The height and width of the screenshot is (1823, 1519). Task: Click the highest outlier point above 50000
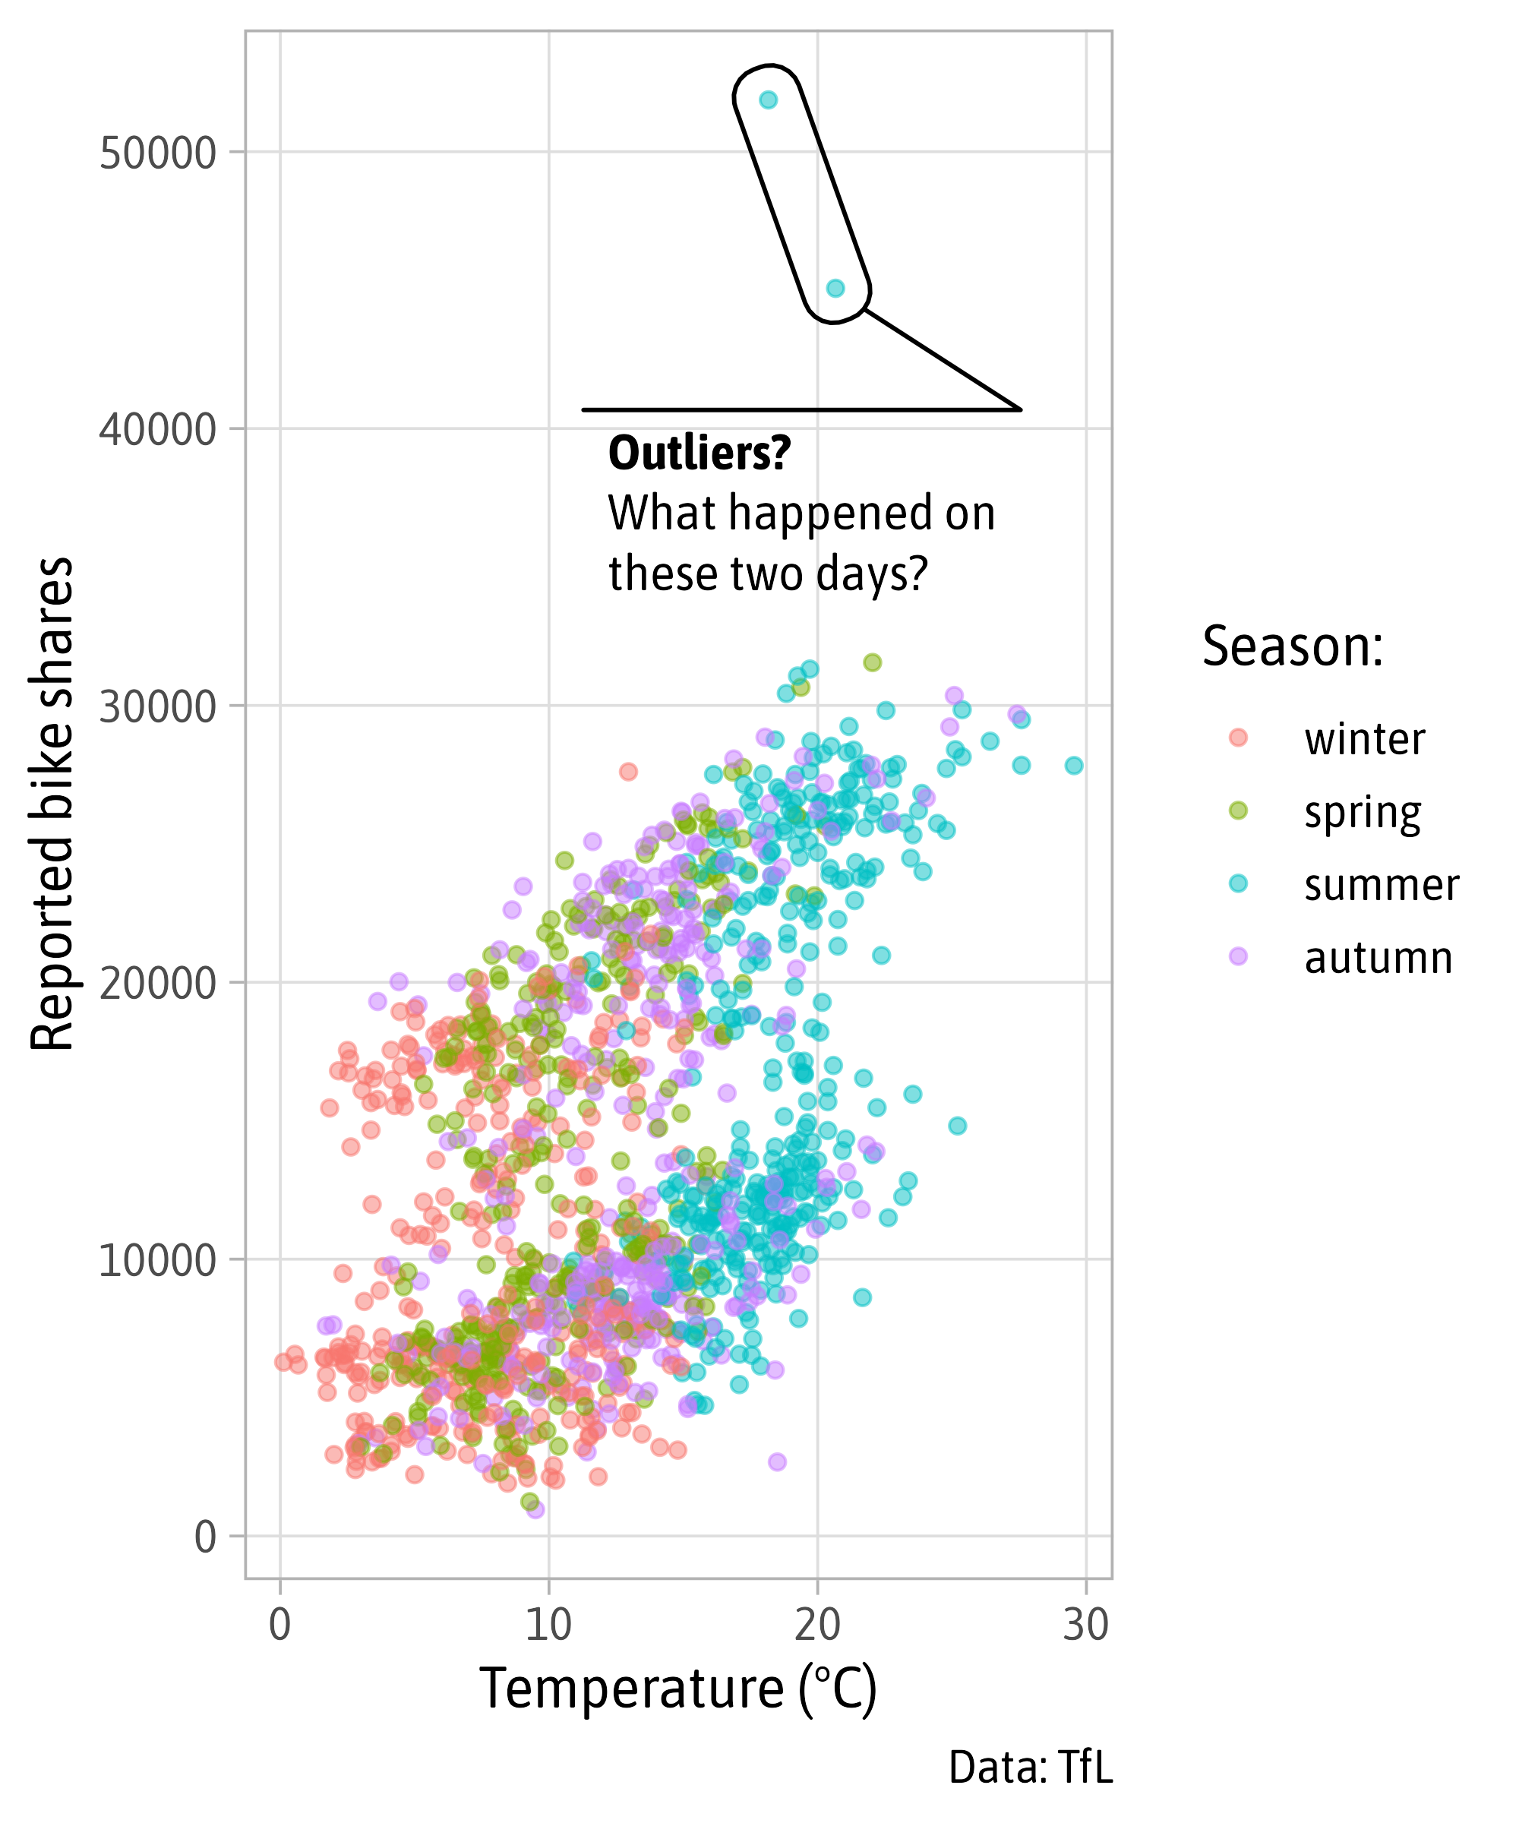tap(768, 100)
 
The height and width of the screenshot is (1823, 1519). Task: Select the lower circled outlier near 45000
tap(835, 288)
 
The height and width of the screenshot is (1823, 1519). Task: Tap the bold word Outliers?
tap(699, 453)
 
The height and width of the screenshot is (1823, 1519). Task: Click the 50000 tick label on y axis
tap(157, 153)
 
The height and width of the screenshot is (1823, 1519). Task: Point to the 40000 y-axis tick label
tap(157, 430)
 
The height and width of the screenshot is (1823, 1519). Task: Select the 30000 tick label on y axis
tap(157, 707)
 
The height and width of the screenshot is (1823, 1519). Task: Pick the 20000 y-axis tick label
tap(157, 984)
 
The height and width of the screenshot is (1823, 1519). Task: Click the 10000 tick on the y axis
tap(157, 1260)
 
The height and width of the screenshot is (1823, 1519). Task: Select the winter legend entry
tap(1363, 740)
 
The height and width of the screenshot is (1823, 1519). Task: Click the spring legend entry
tap(1362, 813)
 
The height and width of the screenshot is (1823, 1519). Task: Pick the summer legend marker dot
tap(1238, 883)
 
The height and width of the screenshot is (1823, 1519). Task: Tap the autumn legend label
tap(1378, 959)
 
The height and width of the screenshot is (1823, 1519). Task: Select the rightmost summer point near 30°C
tap(1074, 766)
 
